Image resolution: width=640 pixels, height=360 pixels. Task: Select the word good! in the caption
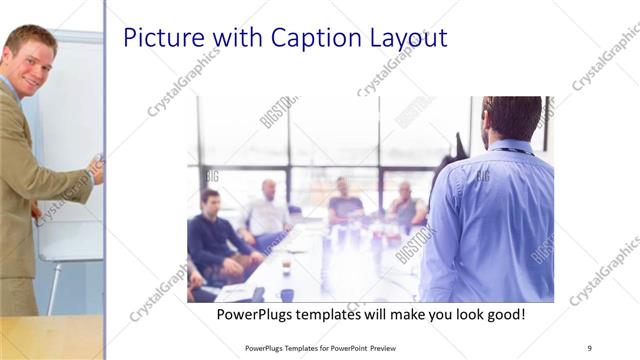point(503,315)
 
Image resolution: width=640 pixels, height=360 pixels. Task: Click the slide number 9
point(589,347)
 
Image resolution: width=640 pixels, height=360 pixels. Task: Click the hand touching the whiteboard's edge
point(97,168)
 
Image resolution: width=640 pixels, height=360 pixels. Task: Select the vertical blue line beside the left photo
point(105,180)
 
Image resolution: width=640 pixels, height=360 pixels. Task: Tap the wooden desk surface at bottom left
point(50,338)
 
